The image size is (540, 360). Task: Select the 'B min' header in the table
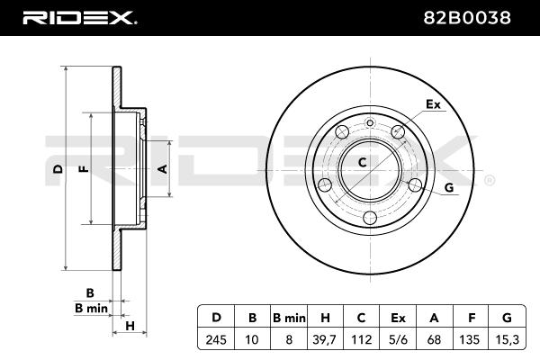coord(289,317)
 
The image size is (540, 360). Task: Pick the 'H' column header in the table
coord(327,317)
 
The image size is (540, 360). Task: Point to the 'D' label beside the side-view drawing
coord(56,168)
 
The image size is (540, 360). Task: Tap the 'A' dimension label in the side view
coord(163,168)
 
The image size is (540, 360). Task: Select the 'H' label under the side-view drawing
coord(130,326)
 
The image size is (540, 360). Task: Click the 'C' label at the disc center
coord(363,163)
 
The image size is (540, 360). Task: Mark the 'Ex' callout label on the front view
coord(433,104)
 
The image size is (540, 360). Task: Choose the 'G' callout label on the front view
coord(447,187)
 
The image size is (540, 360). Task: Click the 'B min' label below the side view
coord(91,309)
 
